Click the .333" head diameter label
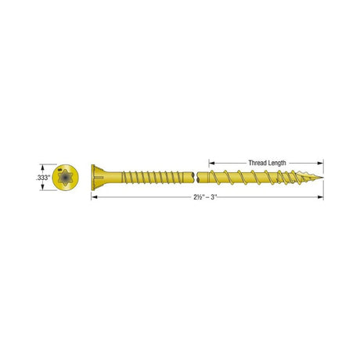coord(43,179)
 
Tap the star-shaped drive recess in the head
coord(67,178)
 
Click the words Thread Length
coord(266,163)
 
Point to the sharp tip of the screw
coord(322,179)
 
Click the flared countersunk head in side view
coord(98,178)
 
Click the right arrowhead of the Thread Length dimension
coord(320,163)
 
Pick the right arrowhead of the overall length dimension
coord(320,197)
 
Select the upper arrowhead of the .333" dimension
coord(44,167)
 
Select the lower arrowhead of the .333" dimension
coord(44,191)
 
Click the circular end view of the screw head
coord(67,178)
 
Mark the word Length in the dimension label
coord(276,163)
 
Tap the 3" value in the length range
coord(218,197)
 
